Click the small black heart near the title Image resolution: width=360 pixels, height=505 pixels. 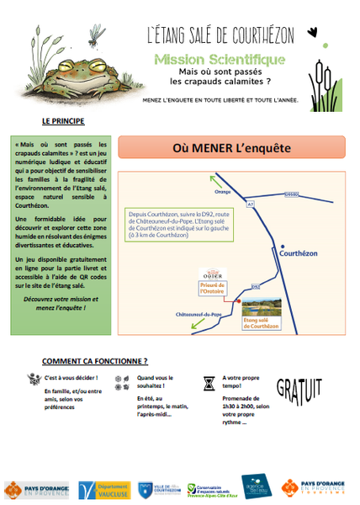tap(313, 33)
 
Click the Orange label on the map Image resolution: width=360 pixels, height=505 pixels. tap(223, 192)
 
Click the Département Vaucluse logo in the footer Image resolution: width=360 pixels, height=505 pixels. tap(103, 490)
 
